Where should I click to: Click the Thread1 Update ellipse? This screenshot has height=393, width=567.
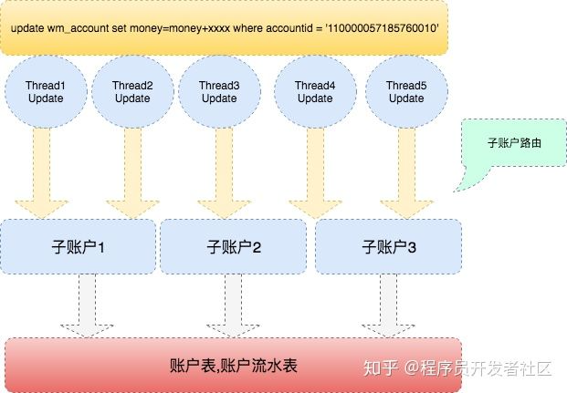click(46, 91)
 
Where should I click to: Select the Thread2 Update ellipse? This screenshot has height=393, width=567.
click(132, 91)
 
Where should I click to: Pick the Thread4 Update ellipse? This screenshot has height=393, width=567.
click(314, 91)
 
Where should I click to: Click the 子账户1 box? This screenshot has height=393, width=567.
click(81, 245)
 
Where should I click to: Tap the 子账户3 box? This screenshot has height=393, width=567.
click(388, 245)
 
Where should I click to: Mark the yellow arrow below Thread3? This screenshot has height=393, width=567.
click(220, 170)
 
